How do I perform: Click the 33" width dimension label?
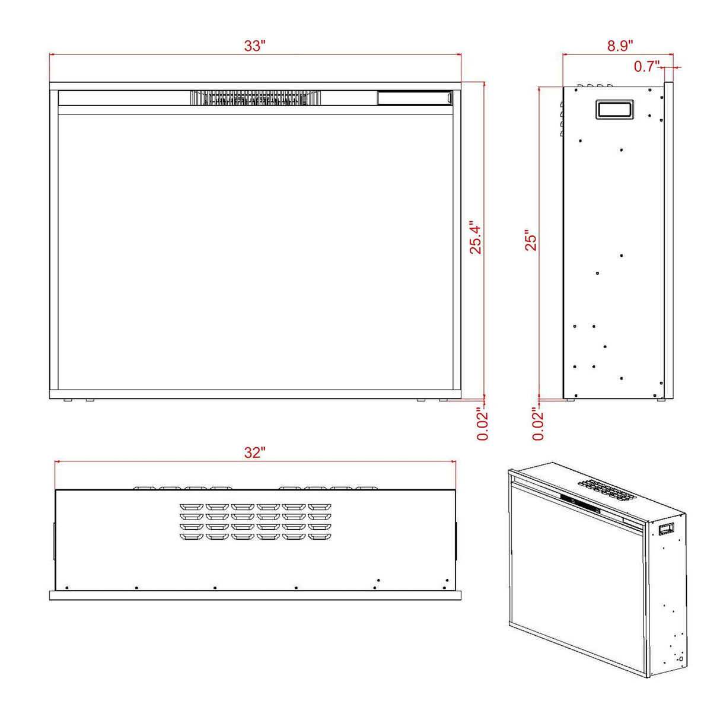pyautogui.click(x=254, y=46)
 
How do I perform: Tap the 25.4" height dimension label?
pyautogui.click(x=476, y=237)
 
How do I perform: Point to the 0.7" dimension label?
pyautogui.click(x=646, y=66)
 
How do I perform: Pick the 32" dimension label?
pyautogui.click(x=254, y=453)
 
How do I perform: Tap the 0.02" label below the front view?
pyautogui.click(x=483, y=423)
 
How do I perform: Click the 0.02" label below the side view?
pyautogui.click(x=538, y=423)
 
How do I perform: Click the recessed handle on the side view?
pyautogui.click(x=614, y=109)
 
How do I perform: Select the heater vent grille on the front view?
pyautogui.click(x=256, y=98)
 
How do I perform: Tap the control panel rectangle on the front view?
pyautogui.click(x=415, y=98)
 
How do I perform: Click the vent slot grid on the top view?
pyautogui.click(x=256, y=522)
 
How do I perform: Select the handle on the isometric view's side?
pyautogui.click(x=667, y=527)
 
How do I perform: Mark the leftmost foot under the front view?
pyautogui.click(x=68, y=401)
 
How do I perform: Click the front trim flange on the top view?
pyautogui.click(x=255, y=595)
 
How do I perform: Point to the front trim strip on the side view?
pyautogui.click(x=668, y=240)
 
